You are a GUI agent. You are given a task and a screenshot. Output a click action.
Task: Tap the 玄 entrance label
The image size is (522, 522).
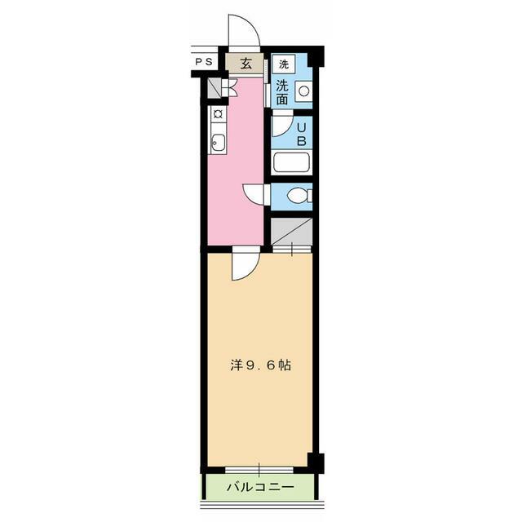pyautogui.click(x=246, y=63)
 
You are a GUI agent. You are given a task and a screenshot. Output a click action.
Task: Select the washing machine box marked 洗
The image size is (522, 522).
pyautogui.click(x=282, y=64)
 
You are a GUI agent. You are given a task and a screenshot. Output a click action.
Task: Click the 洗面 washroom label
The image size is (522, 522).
pyautogui.click(x=281, y=92)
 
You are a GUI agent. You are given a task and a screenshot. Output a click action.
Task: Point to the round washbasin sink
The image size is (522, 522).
pyautogui.click(x=303, y=92)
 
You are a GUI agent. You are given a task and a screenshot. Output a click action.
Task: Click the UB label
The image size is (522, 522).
pyautogui.click(x=301, y=133)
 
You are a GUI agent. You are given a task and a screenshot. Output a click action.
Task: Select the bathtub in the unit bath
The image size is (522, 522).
pyautogui.click(x=292, y=161)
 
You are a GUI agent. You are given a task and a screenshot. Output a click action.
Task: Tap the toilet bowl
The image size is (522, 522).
pyautogui.click(x=299, y=197)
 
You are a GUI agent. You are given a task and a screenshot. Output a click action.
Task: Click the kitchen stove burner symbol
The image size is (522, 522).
pyautogui.click(x=218, y=114)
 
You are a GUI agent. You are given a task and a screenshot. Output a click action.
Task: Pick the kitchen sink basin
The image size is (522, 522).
pyautogui.click(x=218, y=146)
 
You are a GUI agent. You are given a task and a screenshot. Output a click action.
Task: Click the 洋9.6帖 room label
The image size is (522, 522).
pyautogui.click(x=261, y=366)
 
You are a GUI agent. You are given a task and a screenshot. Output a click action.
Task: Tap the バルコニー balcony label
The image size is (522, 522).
pyautogui.click(x=259, y=489)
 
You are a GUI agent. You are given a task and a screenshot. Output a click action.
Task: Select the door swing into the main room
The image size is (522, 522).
pyautogui.click(x=243, y=266)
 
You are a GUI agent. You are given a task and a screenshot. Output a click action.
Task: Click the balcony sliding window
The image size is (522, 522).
pyautogui.click(x=259, y=468)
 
